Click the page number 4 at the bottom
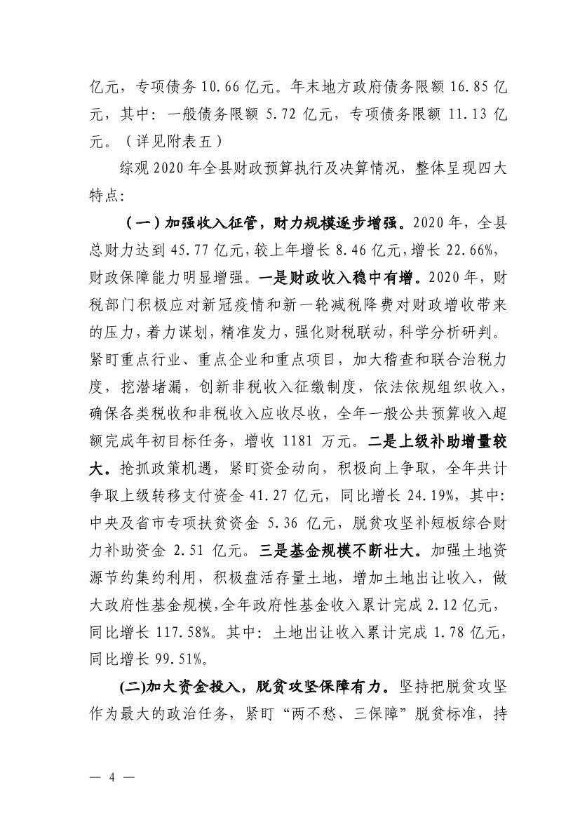point(112,779)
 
